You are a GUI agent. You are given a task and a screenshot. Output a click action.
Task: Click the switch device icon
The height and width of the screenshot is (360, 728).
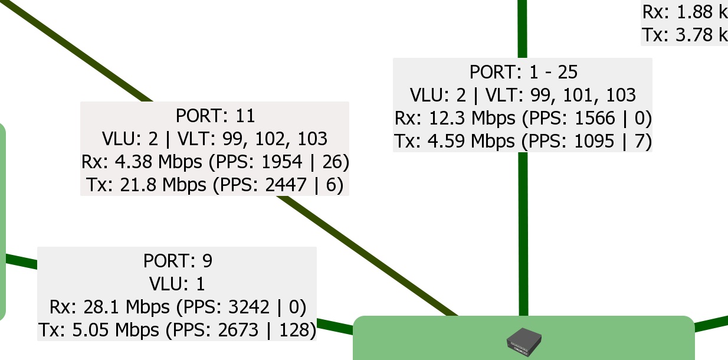[524, 342]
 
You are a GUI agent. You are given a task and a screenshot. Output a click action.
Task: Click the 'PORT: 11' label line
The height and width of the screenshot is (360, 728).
[215, 114]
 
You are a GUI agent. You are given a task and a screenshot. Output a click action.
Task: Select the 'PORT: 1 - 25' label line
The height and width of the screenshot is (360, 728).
[523, 72]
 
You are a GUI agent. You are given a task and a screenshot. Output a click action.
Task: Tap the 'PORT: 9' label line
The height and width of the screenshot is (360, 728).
[177, 260]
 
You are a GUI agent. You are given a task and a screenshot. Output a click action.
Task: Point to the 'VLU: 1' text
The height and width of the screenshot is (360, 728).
[177, 284]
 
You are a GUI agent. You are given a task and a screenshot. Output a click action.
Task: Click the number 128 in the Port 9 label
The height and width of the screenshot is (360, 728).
[293, 330]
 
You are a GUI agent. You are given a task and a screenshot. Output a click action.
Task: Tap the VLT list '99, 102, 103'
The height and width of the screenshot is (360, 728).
[274, 138]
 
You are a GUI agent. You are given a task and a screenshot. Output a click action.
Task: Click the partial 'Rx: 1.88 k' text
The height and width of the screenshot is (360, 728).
[684, 12]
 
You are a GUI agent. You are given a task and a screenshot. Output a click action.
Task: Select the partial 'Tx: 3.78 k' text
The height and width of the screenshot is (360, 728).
[684, 34]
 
